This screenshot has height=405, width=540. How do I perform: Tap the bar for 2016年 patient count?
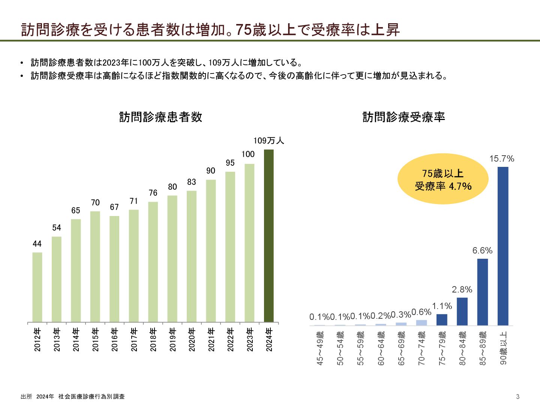tap(114, 269)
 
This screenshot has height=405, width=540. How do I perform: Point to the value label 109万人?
tap(268, 141)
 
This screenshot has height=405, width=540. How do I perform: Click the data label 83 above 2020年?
tap(192, 182)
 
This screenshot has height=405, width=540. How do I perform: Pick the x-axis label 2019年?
tap(172, 340)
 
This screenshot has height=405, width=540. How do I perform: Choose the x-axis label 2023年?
tap(250, 340)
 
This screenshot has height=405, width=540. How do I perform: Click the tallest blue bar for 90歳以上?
tap(503, 246)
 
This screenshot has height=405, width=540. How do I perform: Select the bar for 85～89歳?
tap(483, 292)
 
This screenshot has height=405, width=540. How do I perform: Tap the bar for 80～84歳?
tap(462, 311)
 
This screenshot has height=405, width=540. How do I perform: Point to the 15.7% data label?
tap(502, 159)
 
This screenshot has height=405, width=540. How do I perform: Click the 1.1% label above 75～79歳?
tap(442, 306)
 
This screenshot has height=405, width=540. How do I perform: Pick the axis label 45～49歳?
tap(320, 348)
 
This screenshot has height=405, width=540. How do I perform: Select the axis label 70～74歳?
tap(421, 348)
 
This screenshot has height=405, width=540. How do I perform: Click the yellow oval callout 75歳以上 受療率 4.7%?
tap(443, 179)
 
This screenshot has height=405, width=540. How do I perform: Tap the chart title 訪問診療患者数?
tap(160, 117)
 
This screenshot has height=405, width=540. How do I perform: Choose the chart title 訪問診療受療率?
tap(403, 117)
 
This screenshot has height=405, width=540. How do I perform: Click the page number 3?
tap(517, 396)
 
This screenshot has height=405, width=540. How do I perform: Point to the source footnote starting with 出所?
tap(73, 396)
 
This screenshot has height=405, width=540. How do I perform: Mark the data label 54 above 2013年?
tap(57, 228)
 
